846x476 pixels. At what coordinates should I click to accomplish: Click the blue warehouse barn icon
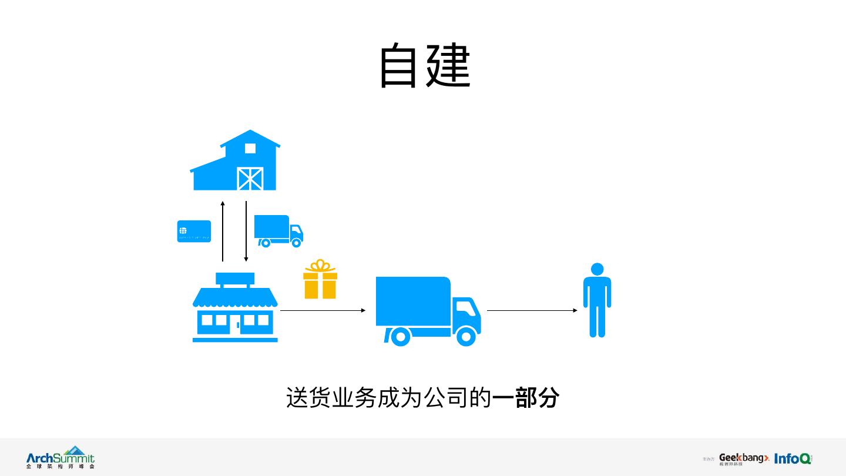click(x=235, y=162)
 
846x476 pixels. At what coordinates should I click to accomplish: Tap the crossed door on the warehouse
click(x=250, y=178)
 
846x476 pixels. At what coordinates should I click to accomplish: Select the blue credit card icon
click(x=194, y=231)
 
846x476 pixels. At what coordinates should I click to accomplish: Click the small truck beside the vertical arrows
click(x=278, y=230)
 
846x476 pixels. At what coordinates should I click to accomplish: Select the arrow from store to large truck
click(x=323, y=310)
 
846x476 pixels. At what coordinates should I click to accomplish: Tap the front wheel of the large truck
click(x=466, y=336)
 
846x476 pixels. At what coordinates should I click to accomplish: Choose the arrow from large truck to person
click(x=532, y=310)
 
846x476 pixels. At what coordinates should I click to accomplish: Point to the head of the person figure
click(x=597, y=269)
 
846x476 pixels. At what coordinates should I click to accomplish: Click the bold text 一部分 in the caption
click(x=525, y=398)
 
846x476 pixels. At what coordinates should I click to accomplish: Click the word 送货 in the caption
click(x=308, y=398)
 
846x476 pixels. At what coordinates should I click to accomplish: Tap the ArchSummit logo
click(x=60, y=457)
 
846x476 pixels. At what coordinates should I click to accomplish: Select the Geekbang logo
click(x=743, y=458)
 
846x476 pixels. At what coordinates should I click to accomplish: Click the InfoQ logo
click(x=793, y=458)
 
